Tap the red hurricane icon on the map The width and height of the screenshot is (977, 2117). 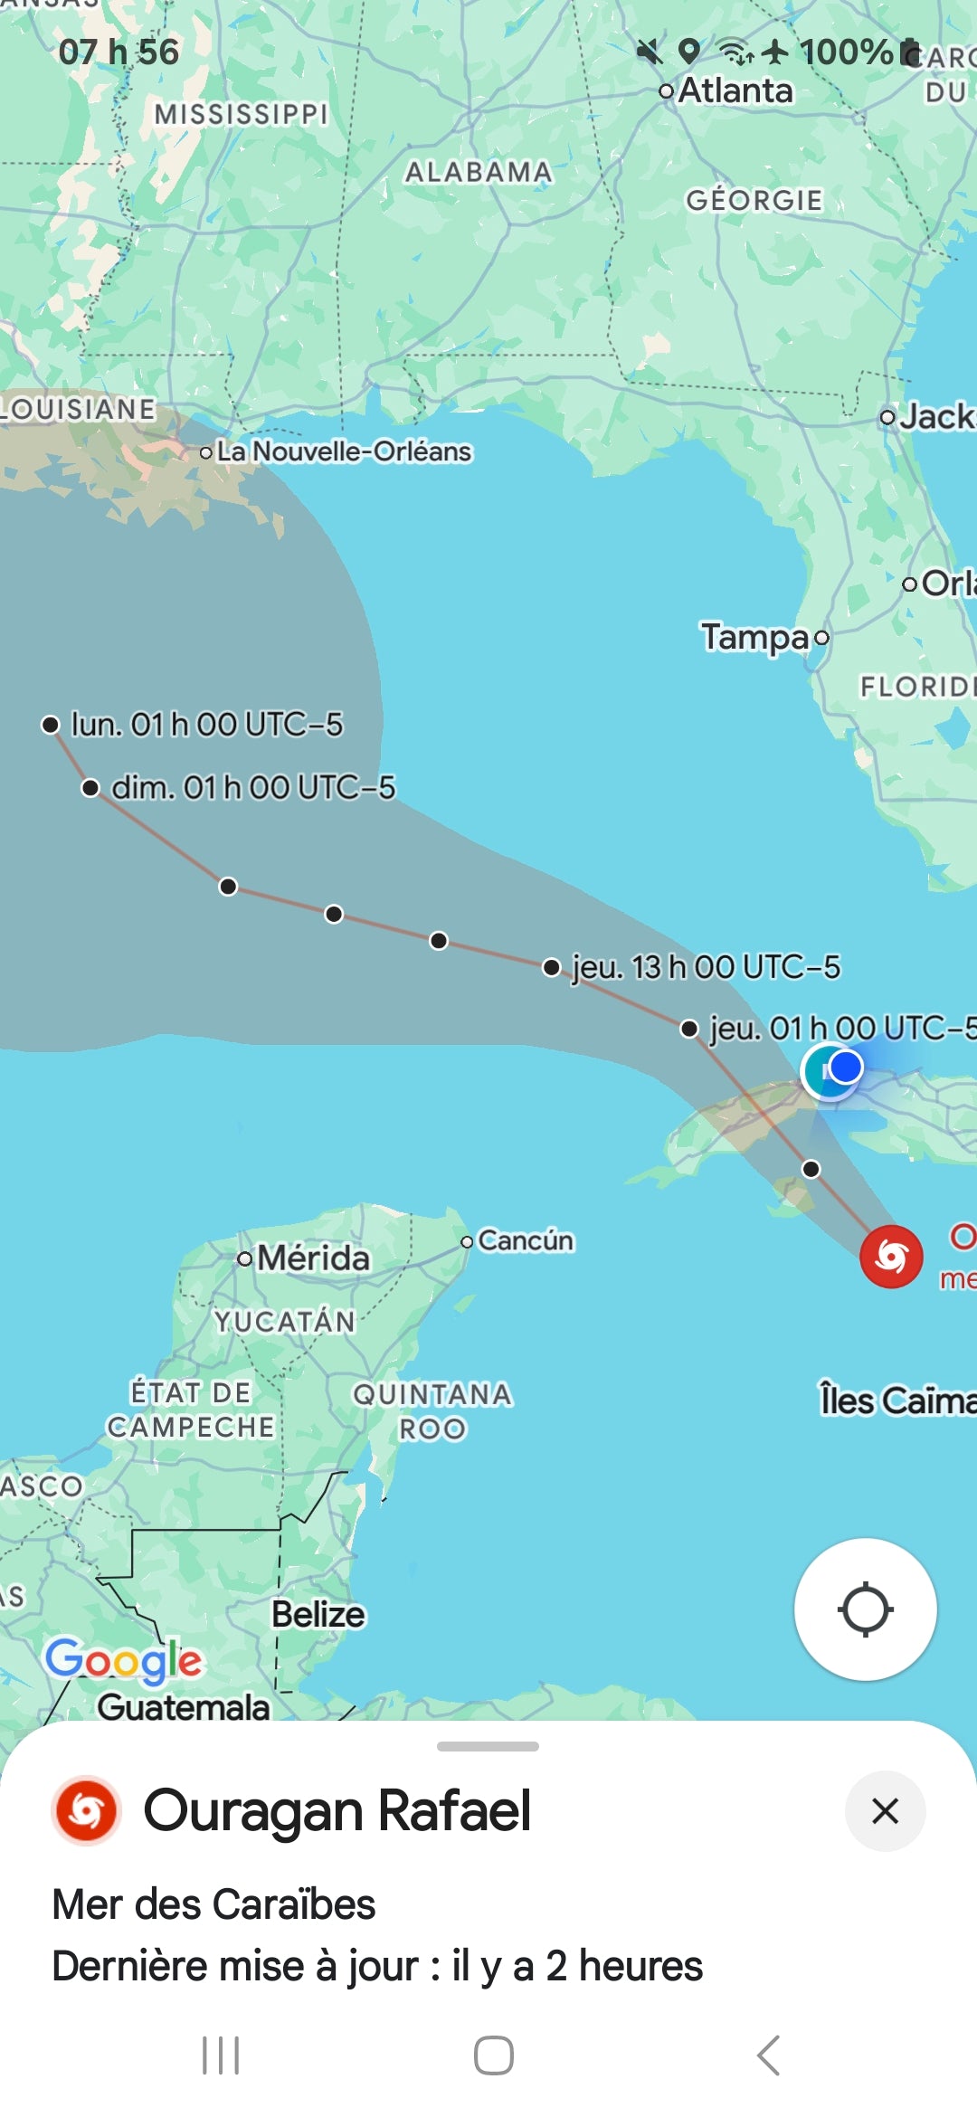(891, 1256)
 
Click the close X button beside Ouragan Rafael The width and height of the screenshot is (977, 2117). (885, 1811)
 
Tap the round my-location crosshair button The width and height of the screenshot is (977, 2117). (865, 1609)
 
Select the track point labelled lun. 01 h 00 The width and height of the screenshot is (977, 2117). (51, 725)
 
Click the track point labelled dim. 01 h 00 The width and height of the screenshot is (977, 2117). (90, 788)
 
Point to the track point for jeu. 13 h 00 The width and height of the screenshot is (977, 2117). (551, 967)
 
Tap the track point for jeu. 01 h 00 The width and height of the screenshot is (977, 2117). (689, 1029)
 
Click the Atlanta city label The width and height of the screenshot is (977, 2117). (735, 90)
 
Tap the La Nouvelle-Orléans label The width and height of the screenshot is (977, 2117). (344, 451)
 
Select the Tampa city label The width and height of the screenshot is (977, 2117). (755, 637)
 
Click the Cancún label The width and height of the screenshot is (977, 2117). (525, 1240)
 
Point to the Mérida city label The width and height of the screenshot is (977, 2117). (313, 1258)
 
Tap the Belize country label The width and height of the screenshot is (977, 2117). (318, 1615)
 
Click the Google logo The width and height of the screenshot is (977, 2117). (124, 1660)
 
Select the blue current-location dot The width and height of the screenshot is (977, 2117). (845, 1068)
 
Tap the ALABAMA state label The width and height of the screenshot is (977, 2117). (478, 172)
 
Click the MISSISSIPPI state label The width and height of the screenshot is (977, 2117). (241, 114)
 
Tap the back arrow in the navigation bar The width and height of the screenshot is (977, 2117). (768, 2055)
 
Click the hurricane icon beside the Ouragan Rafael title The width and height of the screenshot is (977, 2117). (87, 1811)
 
